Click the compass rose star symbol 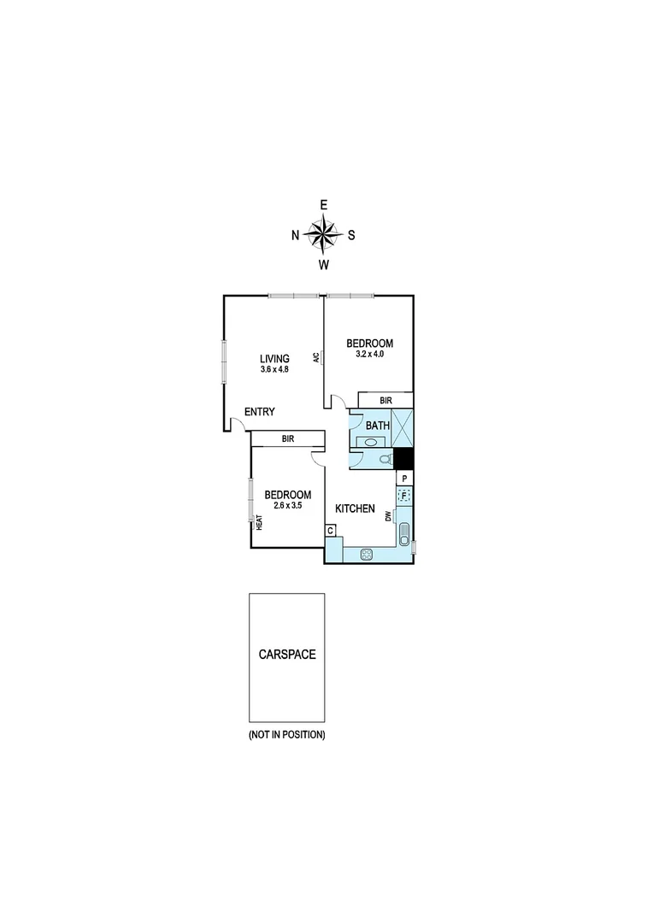pyautogui.click(x=323, y=234)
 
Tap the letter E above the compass pyautogui.click(x=324, y=205)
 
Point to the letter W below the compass pyautogui.click(x=324, y=265)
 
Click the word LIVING pyautogui.click(x=275, y=359)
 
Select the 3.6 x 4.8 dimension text pyautogui.click(x=275, y=370)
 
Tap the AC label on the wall pyautogui.click(x=316, y=358)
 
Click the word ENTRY pyautogui.click(x=260, y=412)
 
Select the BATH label pyautogui.click(x=378, y=425)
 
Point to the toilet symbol pyautogui.click(x=385, y=459)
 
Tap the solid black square pyautogui.click(x=403, y=458)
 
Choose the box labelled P pyautogui.click(x=404, y=479)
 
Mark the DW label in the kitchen pyautogui.click(x=388, y=516)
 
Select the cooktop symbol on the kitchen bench pyautogui.click(x=367, y=554)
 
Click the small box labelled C pyautogui.click(x=330, y=531)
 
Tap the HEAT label pyautogui.click(x=259, y=522)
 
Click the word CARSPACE pyautogui.click(x=287, y=655)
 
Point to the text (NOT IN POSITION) pyautogui.click(x=287, y=735)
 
